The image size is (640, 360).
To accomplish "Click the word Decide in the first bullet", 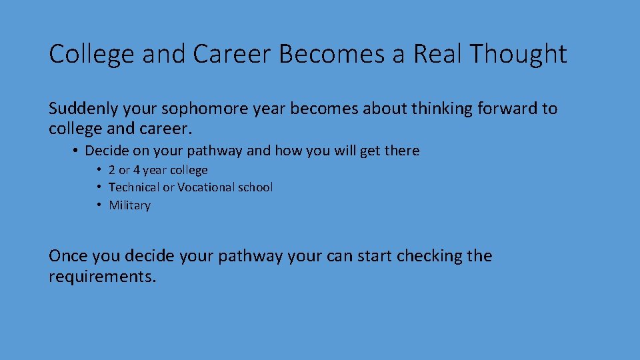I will (107, 151).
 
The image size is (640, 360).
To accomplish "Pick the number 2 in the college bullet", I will (112, 170).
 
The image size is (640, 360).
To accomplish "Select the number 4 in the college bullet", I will (136, 170).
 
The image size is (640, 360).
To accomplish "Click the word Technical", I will (134, 187).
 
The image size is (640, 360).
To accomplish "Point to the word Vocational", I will (197, 187).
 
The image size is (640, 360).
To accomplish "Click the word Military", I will (129, 205).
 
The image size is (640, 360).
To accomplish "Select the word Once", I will (68, 256).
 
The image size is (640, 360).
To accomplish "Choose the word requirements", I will (102, 276).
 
